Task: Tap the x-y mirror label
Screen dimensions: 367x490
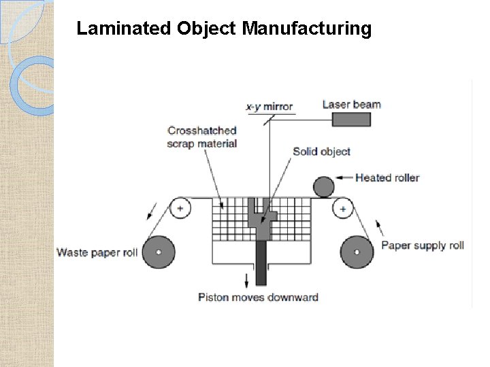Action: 269,107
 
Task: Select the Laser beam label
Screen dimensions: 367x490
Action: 351,104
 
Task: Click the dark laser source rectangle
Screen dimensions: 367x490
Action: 351,120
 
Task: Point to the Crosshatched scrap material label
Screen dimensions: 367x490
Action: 202,137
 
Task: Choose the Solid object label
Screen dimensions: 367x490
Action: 321,151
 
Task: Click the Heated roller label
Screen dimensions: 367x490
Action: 387,178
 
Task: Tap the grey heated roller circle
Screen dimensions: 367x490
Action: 323,187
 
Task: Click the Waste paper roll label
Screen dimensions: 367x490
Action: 97,253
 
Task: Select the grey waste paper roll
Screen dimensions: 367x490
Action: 159,252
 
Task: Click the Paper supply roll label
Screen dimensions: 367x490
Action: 423,245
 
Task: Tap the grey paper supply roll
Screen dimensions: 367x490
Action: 357,252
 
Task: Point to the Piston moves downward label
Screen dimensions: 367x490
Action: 258,297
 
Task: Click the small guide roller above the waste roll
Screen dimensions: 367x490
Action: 180,208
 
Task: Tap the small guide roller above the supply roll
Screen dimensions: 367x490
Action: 343,208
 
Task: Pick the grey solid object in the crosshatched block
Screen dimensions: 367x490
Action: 262,221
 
